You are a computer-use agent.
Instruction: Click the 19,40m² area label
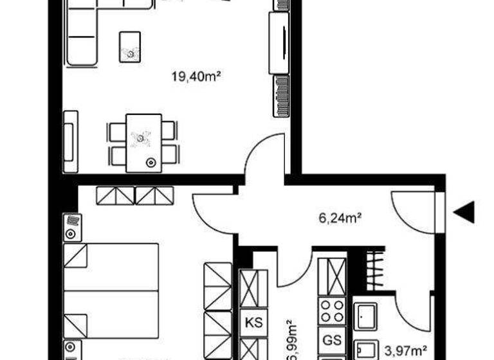pos(196,77)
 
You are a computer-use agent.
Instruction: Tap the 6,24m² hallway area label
pos(340,217)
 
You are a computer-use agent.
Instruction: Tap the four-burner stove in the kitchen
pos(333,311)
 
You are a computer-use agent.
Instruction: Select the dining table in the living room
pos(143,142)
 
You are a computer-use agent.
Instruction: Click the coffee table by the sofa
pos(131,47)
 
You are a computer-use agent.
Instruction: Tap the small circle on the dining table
pos(152,162)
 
